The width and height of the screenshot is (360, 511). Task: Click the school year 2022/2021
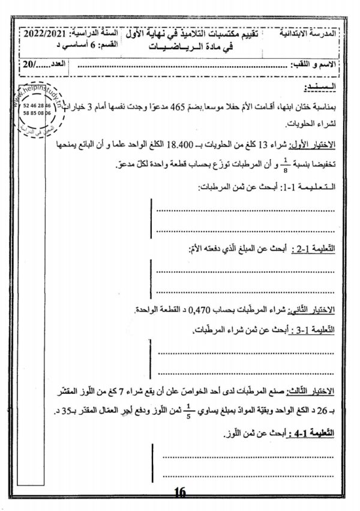point(44,35)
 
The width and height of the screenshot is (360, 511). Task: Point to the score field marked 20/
point(26,63)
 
